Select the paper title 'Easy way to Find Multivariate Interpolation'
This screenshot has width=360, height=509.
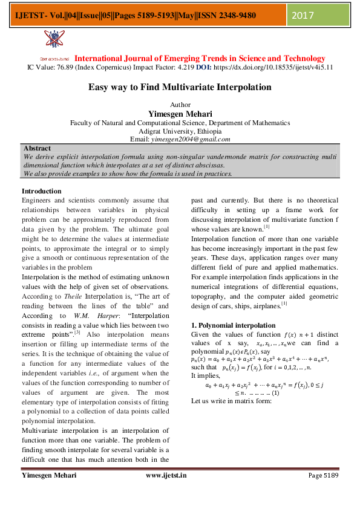click(180, 87)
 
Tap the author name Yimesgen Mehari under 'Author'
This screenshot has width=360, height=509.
click(180, 113)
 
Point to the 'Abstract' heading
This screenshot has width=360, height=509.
click(37, 148)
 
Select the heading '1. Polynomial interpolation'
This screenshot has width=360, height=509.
click(233, 325)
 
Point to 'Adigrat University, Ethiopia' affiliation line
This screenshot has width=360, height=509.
click(180, 131)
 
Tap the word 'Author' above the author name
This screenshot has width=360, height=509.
click(180, 105)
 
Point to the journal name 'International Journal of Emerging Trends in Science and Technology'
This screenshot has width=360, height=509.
click(200, 58)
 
